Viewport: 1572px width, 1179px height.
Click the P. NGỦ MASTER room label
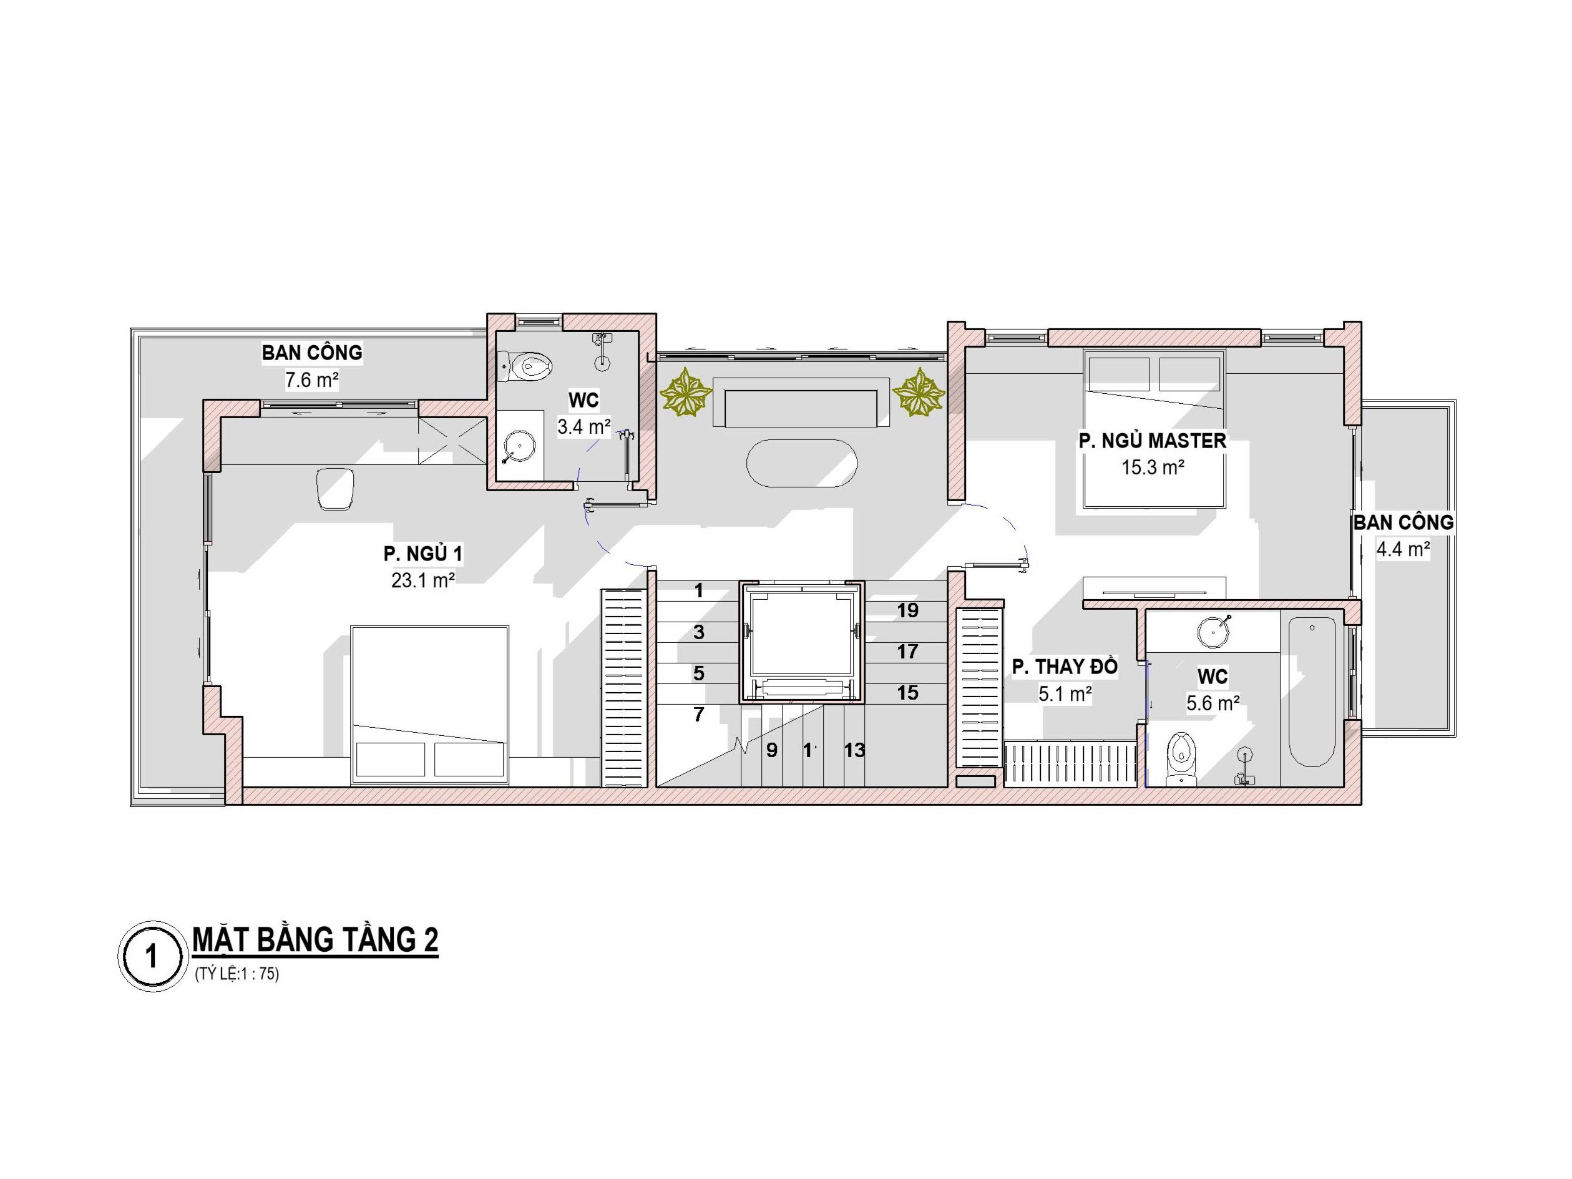pyautogui.click(x=1152, y=441)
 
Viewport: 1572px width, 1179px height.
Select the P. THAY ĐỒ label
pyautogui.click(x=1065, y=667)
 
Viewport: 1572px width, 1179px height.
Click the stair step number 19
pyautogui.click(x=907, y=610)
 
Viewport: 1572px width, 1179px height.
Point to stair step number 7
pyautogui.click(x=698, y=714)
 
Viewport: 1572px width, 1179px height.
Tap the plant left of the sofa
pyautogui.click(x=686, y=391)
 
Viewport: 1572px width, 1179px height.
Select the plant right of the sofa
pyautogui.click(x=918, y=391)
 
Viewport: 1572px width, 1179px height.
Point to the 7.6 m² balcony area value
pyautogui.click(x=311, y=380)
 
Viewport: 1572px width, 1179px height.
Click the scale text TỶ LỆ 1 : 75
pyautogui.click(x=237, y=974)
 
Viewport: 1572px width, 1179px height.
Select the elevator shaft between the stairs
pyautogui.click(x=802, y=642)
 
